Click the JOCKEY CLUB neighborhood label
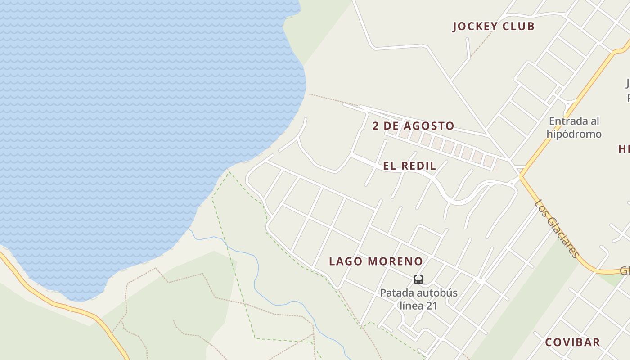(493, 27)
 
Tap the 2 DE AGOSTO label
(413, 126)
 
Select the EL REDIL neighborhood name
(409, 166)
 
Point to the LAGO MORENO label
(376, 261)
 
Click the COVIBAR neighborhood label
(572, 342)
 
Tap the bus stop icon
(418, 279)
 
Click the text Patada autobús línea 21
(418, 299)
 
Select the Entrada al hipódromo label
(574, 127)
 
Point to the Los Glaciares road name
(557, 229)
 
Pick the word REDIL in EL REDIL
(418, 166)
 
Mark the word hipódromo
(574, 134)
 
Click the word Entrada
(568, 121)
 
